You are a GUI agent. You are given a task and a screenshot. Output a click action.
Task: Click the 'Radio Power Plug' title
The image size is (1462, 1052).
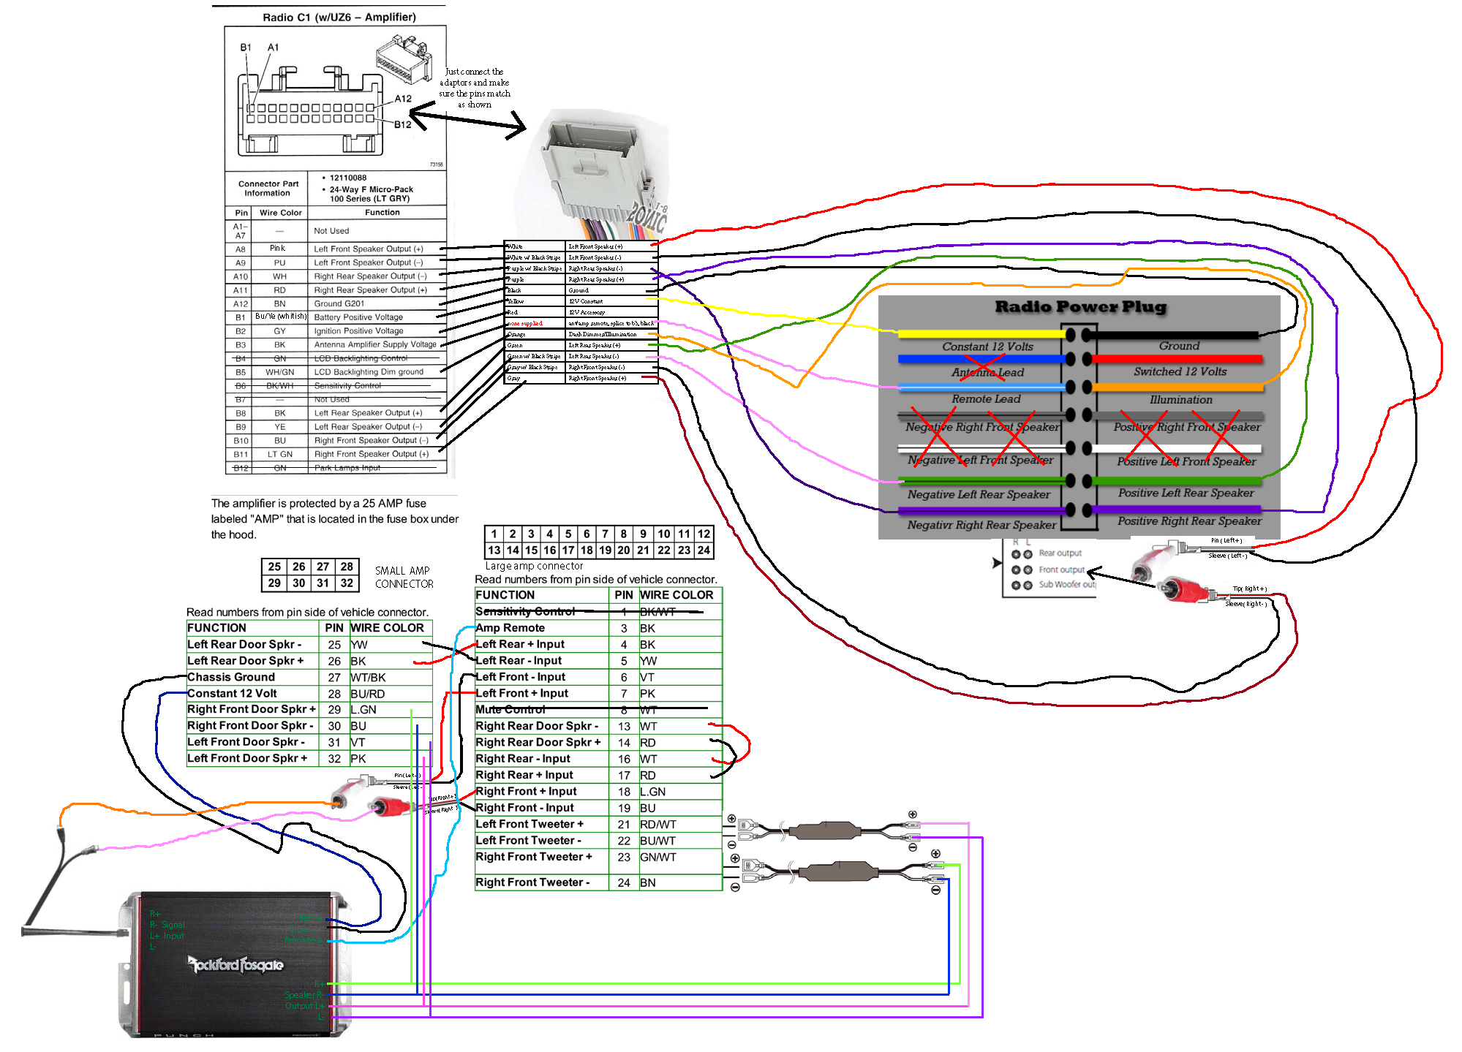[1080, 307]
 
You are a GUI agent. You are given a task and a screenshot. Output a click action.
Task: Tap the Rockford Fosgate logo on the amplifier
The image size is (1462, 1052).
[235, 965]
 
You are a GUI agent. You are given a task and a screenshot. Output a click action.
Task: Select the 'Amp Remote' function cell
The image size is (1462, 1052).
[510, 628]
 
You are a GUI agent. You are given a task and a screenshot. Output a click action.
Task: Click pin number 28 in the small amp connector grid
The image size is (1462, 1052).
[347, 567]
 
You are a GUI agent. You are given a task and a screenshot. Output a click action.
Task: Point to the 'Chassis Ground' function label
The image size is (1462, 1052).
[231, 677]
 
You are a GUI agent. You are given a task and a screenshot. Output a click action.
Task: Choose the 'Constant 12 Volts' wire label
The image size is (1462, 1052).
[987, 347]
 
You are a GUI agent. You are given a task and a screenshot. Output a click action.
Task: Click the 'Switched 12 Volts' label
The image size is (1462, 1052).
[1180, 371]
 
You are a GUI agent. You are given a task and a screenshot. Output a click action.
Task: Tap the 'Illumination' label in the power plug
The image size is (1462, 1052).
[1180, 400]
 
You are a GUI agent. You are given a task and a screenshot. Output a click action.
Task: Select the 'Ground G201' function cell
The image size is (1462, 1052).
[339, 303]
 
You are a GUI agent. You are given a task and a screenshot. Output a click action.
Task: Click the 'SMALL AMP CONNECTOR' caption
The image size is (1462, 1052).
[404, 577]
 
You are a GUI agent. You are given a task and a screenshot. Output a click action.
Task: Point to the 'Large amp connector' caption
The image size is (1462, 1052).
[534, 566]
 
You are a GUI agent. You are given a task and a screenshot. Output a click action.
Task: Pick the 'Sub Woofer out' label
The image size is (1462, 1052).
[1067, 585]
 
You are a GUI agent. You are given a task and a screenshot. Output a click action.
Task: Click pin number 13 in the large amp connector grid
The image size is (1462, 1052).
[494, 550]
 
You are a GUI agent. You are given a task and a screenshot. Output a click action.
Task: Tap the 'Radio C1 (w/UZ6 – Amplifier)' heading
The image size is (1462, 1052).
[339, 18]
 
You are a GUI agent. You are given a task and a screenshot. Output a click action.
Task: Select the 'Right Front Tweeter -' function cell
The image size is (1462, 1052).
[532, 882]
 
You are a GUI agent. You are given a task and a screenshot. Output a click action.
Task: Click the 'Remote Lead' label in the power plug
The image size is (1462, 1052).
[986, 399]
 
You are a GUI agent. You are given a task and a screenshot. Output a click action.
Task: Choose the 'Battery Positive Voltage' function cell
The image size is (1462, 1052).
[358, 317]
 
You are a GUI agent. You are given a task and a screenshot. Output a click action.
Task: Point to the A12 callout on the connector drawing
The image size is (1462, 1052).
[403, 99]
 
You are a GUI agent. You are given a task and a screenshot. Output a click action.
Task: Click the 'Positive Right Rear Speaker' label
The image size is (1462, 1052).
[1189, 521]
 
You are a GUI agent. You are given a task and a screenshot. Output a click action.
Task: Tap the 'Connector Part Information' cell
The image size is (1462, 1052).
[268, 189]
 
